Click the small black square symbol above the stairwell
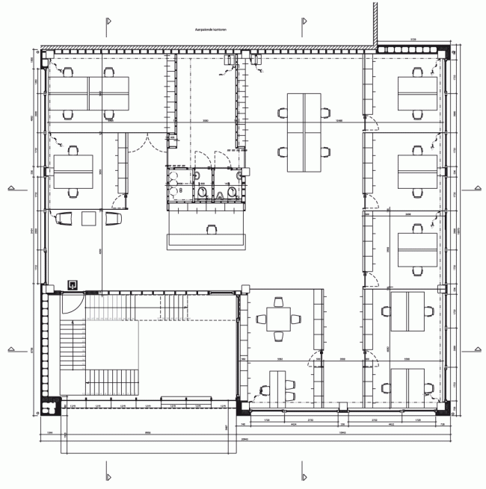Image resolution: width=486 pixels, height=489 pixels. pyautogui.click(x=73, y=284)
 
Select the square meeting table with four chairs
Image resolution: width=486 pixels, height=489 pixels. pyautogui.click(x=279, y=320)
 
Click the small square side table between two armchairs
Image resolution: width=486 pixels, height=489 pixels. pyautogui.click(x=90, y=218)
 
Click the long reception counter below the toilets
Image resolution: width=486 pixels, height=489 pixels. pyautogui.click(x=206, y=240)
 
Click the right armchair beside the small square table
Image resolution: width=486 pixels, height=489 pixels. pyautogui.click(x=114, y=218)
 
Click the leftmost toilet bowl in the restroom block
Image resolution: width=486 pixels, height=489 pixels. pyautogui.click(x=203, y=193)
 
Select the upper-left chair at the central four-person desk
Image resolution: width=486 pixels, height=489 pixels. pyautogui.click(x=283, y=113)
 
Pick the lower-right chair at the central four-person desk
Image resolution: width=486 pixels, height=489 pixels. pyautogui.click(x=327, y=152)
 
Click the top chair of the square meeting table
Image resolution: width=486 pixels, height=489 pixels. pyautogui.click(x=279, y=302)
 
